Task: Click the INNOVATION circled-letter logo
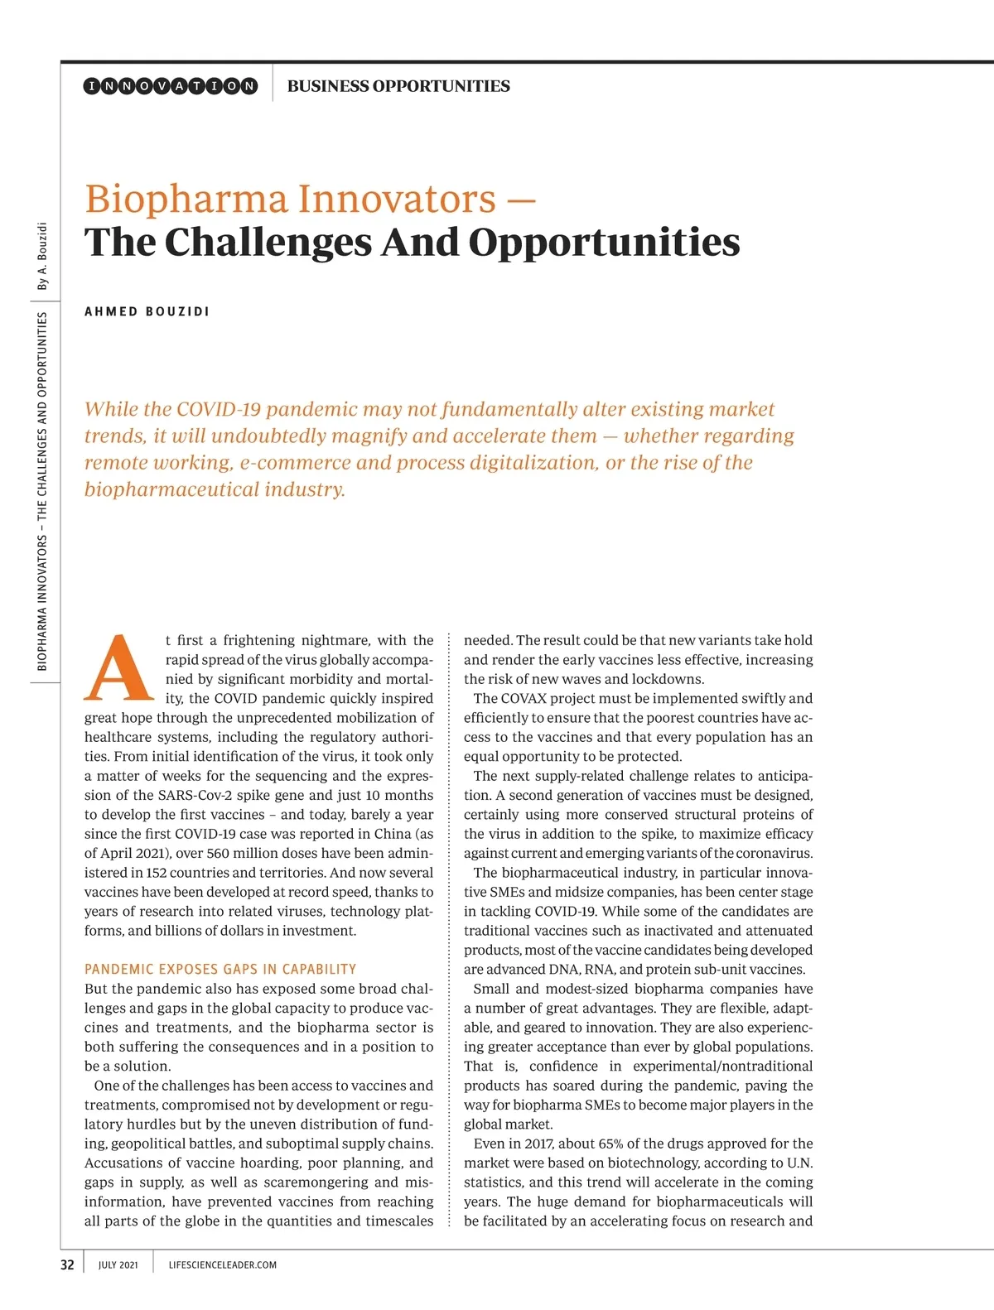click(171, 86)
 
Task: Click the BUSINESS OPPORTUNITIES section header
click(398, 86)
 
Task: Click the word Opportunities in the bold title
click(604, 242)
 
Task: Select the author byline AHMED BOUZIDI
click(147, 312)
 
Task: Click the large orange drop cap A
click(119, 667)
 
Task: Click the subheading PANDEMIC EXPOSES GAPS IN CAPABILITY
click(220, 969)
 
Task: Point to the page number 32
click(67, 1264)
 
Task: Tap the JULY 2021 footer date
click(118, 1265)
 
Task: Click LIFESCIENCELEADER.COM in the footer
click(222, 1265)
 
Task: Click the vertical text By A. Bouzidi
click(42, 256)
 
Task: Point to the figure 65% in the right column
click(610, 1144)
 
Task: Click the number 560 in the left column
click(218, 853)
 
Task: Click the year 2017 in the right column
click(539, 1144)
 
